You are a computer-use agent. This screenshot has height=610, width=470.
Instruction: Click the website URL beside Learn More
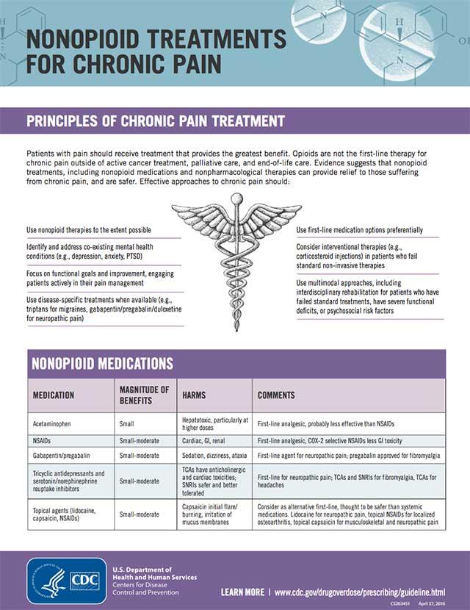[360, 592]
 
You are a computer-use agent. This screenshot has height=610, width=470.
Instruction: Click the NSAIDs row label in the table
[43, 441]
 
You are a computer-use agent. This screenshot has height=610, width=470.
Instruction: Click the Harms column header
[195, 395]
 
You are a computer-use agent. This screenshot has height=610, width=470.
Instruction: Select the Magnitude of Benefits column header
[144, 395]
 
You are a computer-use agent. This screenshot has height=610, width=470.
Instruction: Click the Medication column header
[54, 395]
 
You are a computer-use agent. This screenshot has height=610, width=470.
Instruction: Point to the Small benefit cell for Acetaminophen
[126, 424]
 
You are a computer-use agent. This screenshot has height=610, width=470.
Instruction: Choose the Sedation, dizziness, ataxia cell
[215, 456]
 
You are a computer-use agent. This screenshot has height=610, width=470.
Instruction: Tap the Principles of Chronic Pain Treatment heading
[155, 121]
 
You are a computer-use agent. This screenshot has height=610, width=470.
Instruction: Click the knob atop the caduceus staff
[236, 198]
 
